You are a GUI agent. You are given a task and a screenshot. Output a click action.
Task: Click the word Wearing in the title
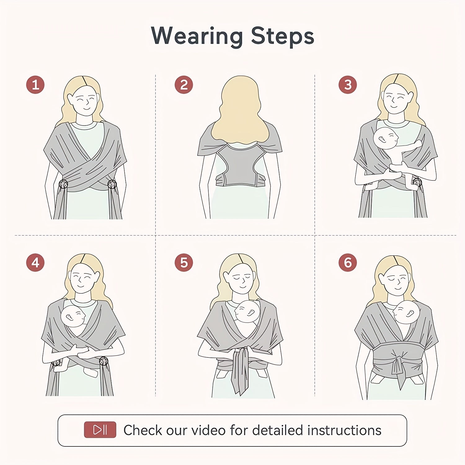click(197, 36)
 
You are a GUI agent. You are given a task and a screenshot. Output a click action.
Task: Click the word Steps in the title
click(282, 36)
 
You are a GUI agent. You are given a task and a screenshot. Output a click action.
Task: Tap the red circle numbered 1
click(35, 85)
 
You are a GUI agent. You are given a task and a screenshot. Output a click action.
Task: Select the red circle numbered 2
click(184, 85)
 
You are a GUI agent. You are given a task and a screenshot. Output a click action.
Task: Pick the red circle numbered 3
click(348, 85)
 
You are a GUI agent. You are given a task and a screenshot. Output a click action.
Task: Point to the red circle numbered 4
click(35, 263)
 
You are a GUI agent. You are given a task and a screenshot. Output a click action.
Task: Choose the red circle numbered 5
click(184, 263)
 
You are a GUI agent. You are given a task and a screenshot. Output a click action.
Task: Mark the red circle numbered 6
click(348, 263)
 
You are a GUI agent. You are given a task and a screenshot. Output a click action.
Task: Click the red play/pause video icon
click(100, 430)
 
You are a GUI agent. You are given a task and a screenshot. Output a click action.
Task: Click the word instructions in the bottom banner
click(344, 430)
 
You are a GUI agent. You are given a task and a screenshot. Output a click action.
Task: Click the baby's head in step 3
click(385, 138)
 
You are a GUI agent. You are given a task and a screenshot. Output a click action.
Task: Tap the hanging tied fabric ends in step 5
click(240, 372)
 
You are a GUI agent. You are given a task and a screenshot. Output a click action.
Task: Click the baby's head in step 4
click(73, 316)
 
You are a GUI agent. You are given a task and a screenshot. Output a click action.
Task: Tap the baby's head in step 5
click(247, 312)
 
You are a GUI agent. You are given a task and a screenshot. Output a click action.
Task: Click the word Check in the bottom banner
click(143, 430)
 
